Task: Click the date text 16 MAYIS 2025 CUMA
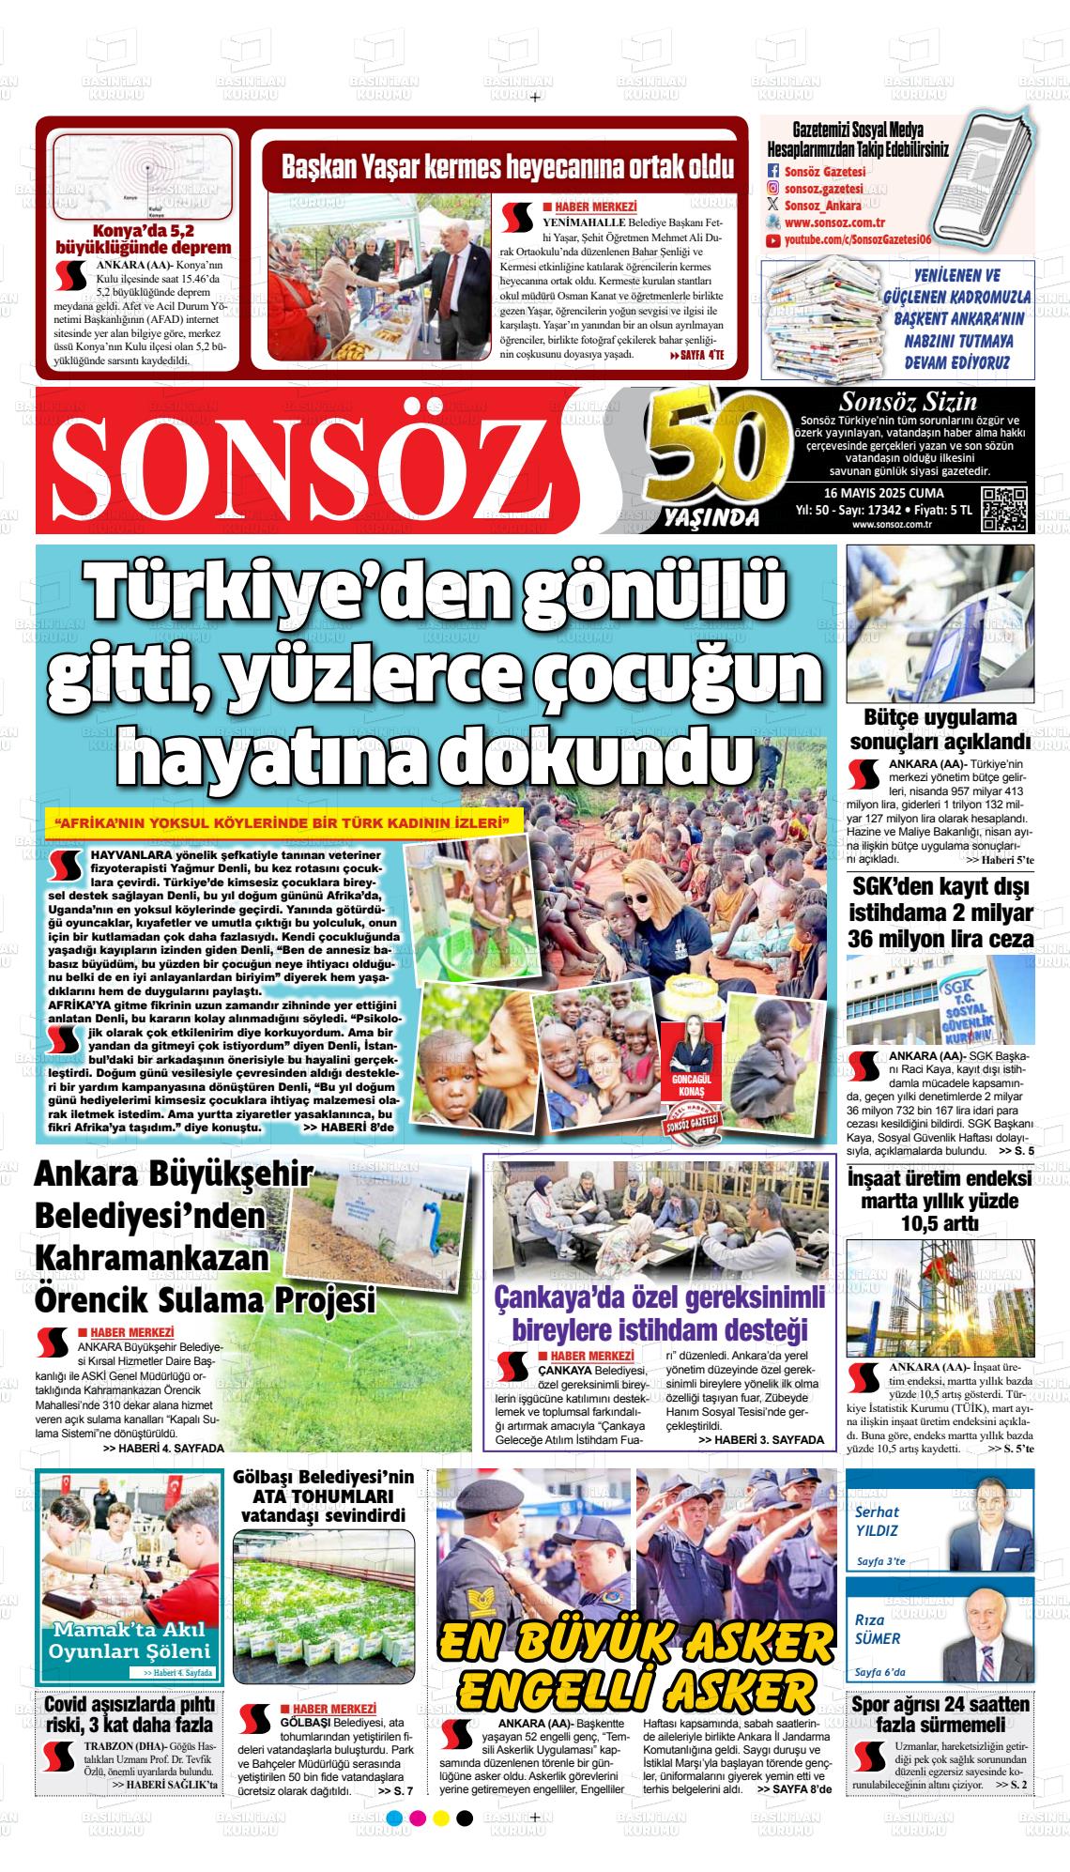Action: [883, 494]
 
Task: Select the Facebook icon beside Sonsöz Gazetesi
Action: [773, 172]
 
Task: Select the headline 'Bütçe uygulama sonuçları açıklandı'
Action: [940, 730]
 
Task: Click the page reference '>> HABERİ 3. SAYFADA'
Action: [761, 1439]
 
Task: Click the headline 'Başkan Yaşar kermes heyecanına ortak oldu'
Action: [508, 167]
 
